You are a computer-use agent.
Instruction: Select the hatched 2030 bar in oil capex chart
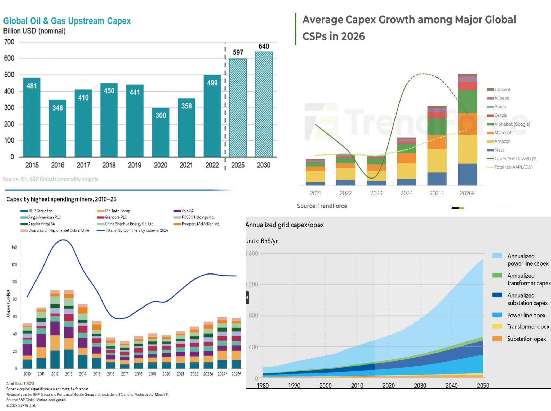(x=264, y=104)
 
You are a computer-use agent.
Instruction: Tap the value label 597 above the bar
(x=238, y=52)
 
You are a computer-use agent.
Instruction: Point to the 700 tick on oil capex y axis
(x=9, y=42)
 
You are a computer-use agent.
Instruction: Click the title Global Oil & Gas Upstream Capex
(x=67, y=21)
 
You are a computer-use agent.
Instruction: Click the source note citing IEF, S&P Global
(x=51, y=179)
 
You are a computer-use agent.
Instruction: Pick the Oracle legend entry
(x=500, y=115)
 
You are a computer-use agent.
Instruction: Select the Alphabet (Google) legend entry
(x=512, y=124)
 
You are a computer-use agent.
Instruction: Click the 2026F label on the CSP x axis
(x=467, y=193)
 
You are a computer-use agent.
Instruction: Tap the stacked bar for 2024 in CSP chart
(x=406, y=161)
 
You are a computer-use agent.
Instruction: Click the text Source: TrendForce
(x=322, y=206)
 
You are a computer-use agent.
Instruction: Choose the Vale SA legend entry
(x=187, y=211)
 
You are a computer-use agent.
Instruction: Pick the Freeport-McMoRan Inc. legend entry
(x=201, y=224)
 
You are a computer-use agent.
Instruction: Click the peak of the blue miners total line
(x=63, y=240)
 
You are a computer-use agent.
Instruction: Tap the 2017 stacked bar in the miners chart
(x=125, y=355)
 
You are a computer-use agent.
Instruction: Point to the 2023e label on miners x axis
(x=208, y=374)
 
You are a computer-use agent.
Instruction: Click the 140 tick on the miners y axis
(x=14, y=247)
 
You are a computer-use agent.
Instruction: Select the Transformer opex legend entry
(x=528, y=327)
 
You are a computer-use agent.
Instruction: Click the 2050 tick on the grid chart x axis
(x=483, y=386)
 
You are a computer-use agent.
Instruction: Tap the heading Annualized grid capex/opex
(x=285, y=225)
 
